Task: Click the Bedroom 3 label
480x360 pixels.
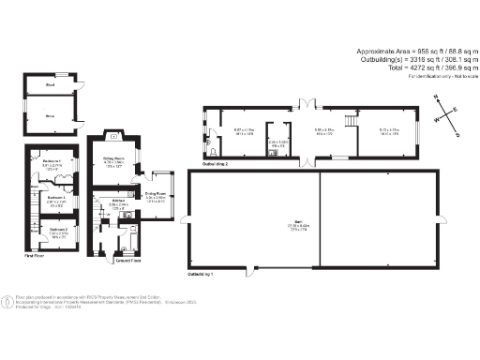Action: pos(56,198)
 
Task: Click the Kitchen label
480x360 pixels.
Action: pos(118,201)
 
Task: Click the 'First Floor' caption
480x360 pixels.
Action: pos(35,255)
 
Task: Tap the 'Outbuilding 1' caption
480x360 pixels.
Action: pos(201,274)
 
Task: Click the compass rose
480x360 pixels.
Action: pos(446,116)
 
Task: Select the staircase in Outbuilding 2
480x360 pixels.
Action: pos(352,119)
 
